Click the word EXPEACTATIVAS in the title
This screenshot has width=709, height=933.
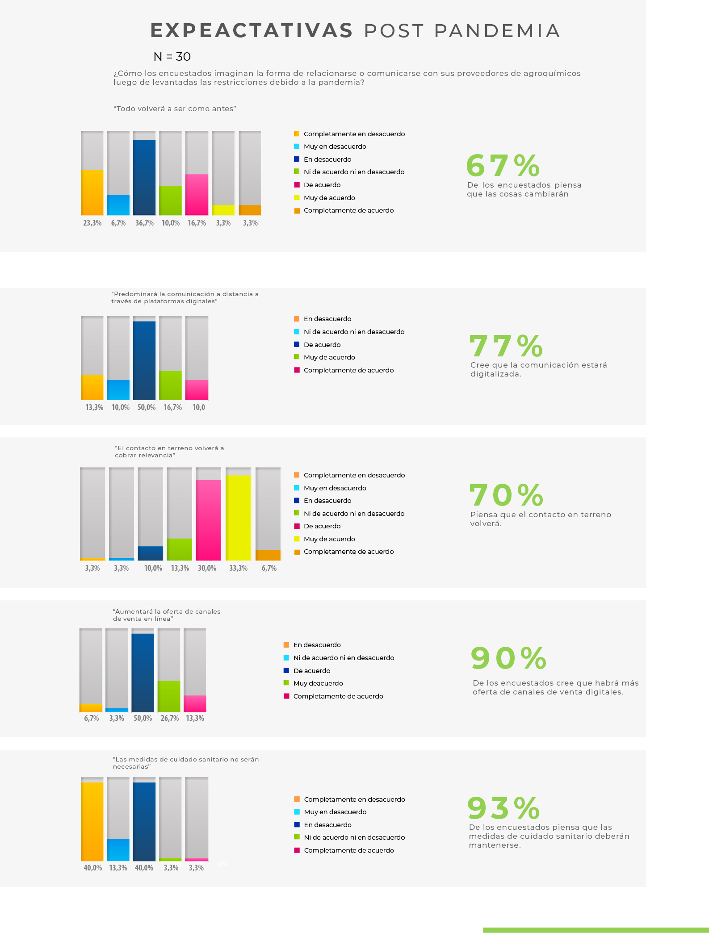pyautogui.click(x=252, y=31)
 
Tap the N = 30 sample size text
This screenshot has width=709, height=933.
pyautogui.click(x=172, y=57)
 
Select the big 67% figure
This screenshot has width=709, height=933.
pyautogui.click(x=503, y=166)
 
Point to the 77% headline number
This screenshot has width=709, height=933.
pyautogui.click(x=506, y=346)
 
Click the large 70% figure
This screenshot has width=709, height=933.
pyautogui.click(x=506, y=495)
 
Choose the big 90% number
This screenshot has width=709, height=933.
pyautogui.click(x=508, y=658)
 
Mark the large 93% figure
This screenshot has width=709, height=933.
pyautogui.click(x=503, y=808)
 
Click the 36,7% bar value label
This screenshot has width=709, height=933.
pyautogui.click(x=144, y=223)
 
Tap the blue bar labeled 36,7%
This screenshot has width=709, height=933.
pyautogui.click(x=144, y=177)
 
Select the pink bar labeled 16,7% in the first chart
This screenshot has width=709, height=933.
pyautogui.click(x=197, y=194)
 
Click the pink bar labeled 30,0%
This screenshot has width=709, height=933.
pyautogui.click(x=208, y=520)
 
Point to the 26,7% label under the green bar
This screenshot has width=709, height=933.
pyautogui.click(x=170, y=718)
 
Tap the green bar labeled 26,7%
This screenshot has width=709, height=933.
pyautogui.click(x=169, y=696)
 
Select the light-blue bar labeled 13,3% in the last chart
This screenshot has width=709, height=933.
pyautogui.click(x=118, y=849)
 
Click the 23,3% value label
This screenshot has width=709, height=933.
pyautogui.click(x=92, y=223)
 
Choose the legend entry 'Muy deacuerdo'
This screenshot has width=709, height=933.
pyautogui.click(x=318, y=683)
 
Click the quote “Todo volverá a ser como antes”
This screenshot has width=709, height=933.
pyautogui.click(x=175, y=109)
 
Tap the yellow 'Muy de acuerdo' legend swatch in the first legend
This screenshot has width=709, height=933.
pyautogui.click(x=297, y=197)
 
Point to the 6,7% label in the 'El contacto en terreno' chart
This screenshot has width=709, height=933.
pyautogui.click(x=269, y=568)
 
